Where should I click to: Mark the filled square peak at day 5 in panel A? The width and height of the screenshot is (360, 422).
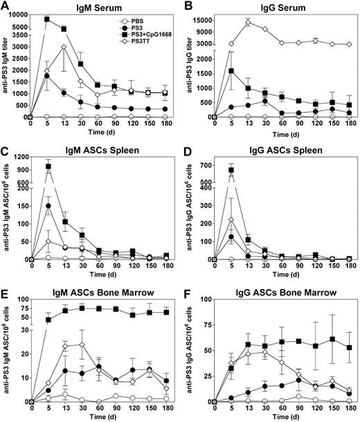[47, 19]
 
